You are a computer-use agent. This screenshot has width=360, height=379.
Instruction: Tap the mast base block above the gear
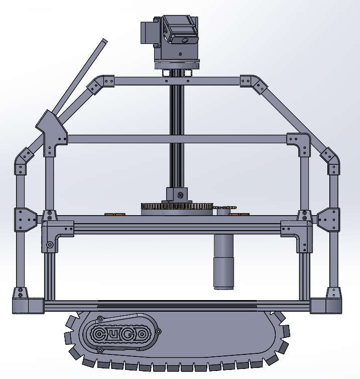(x=177, y=195)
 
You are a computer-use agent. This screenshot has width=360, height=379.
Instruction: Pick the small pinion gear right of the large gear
(x=226, y=208)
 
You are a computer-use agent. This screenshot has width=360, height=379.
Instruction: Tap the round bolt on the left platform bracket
(x=50, y=245)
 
